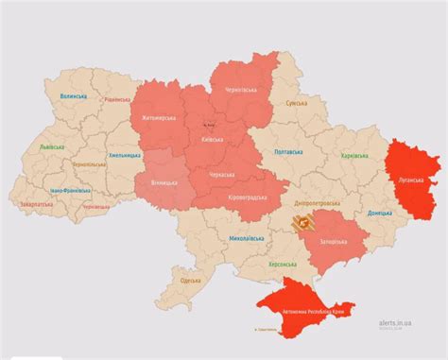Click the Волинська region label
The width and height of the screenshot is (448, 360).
pos(74,96)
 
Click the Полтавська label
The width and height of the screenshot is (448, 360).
pos(289,151)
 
